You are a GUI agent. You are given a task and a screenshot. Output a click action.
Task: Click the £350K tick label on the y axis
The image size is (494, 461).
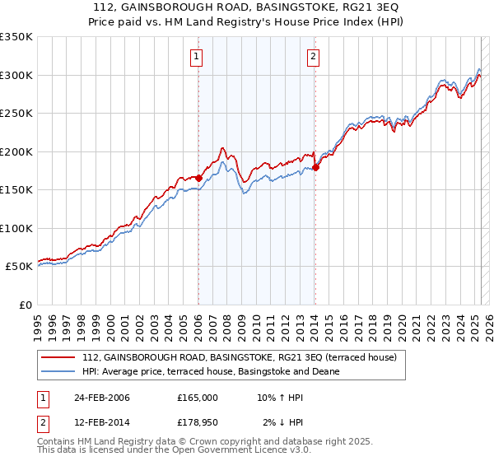point(16,37)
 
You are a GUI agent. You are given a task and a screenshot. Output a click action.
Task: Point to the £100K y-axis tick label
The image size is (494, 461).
point(16,228)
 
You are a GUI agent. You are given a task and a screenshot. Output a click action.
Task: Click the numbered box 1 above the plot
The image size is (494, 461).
point(198,57)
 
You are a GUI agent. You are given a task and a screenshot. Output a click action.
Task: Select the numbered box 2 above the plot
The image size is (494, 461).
point(314,57)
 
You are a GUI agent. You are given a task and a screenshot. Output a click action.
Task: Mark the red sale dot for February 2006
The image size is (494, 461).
point(198,178)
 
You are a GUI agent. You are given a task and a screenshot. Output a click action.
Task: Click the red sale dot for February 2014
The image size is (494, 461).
point(315,168)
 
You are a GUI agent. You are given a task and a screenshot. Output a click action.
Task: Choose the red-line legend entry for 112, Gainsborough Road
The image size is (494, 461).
point(239,357)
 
